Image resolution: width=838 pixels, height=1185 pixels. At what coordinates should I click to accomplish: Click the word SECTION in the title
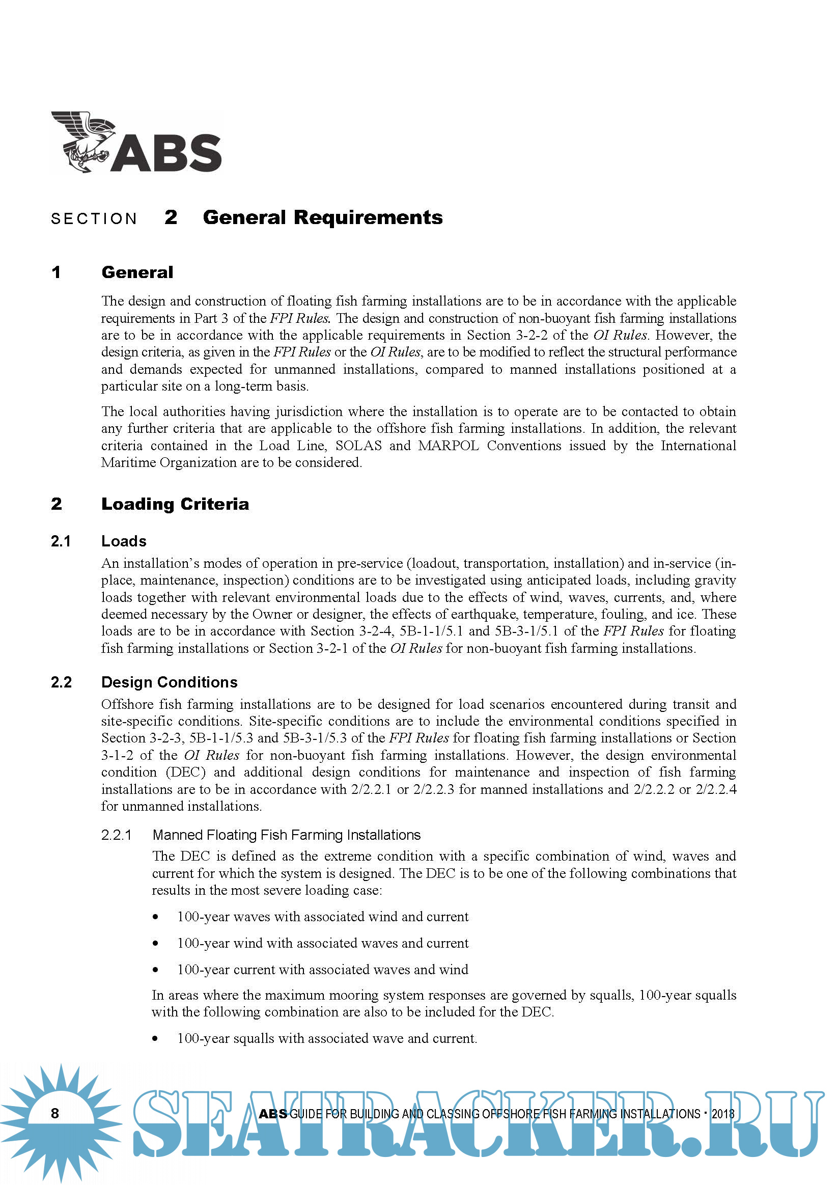point(94,219)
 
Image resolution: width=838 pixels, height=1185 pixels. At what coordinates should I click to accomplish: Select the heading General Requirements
point(322,217)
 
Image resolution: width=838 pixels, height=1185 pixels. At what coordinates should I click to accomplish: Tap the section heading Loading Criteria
point(175,504)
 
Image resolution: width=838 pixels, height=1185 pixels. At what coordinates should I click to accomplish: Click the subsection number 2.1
point(61,541)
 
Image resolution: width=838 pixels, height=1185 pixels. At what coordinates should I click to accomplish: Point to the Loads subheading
point(124,541)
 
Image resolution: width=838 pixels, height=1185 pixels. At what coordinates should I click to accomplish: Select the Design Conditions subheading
point(169,682)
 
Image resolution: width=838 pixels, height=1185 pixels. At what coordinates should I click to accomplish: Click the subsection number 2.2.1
point(116,835)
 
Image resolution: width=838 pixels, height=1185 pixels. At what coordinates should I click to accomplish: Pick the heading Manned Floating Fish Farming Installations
point(287,835)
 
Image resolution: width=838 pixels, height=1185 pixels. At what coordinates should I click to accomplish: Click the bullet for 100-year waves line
point(155,917)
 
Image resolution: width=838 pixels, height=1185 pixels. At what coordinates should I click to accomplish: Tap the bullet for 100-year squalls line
point(155,1038)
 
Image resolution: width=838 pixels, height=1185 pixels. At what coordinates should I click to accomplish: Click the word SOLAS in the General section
point(358,446)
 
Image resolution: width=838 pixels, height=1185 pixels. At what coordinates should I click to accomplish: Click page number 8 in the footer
point(55,1113)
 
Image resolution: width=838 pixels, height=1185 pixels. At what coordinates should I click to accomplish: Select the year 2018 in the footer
point(723,1114)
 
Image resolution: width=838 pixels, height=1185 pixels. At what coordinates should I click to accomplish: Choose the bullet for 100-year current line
point(155,970)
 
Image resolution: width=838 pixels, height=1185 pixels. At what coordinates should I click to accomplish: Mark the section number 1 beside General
point(56,272)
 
